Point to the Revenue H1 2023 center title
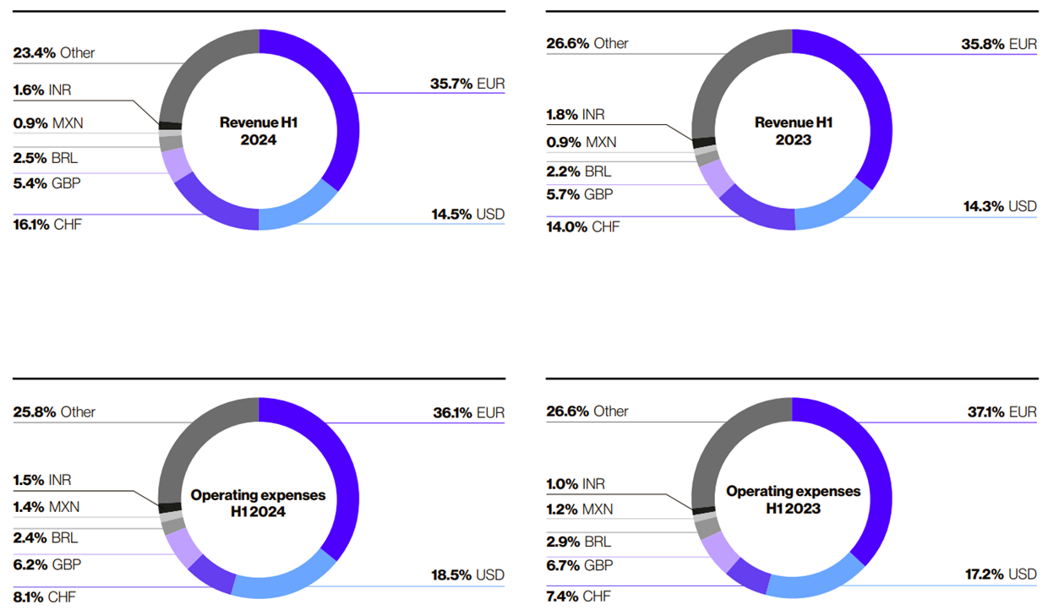pyautogui.click(x=793, y=131)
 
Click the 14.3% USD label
pyautogui.click(x=1000, y=206)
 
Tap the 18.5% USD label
pyautogui.click(x=467, y=575)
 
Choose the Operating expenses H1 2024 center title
pyautogui.click(x=259, y=503)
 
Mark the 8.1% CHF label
pyautogui.click(x=45, y=596)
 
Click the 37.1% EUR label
pyautogui.click(x=999, y=412)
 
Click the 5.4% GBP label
pyautogui.click(x=46, y=182)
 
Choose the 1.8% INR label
pyautogui.click(x=575, y=114)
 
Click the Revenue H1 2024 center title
pyautogui.click(x=259, y=131)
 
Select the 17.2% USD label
pyautogui.click(x=1000, y=574)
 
